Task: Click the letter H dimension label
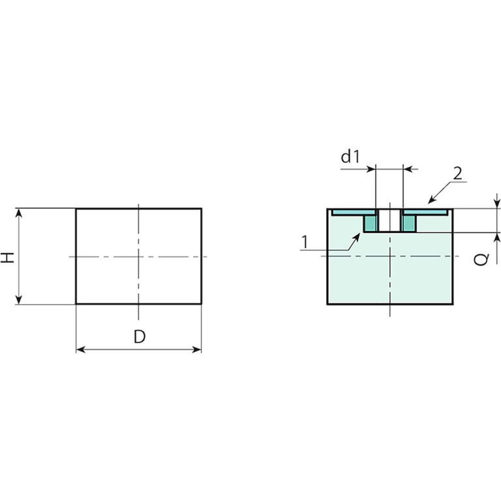click(x=8, y=257)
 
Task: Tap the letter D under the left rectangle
click(x=140, y=337)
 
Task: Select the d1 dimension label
click(x=350, y=157)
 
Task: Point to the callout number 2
click(x=457, y=174)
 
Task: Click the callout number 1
click(x=305, y=242)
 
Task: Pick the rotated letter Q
click(x=481, y=259)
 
